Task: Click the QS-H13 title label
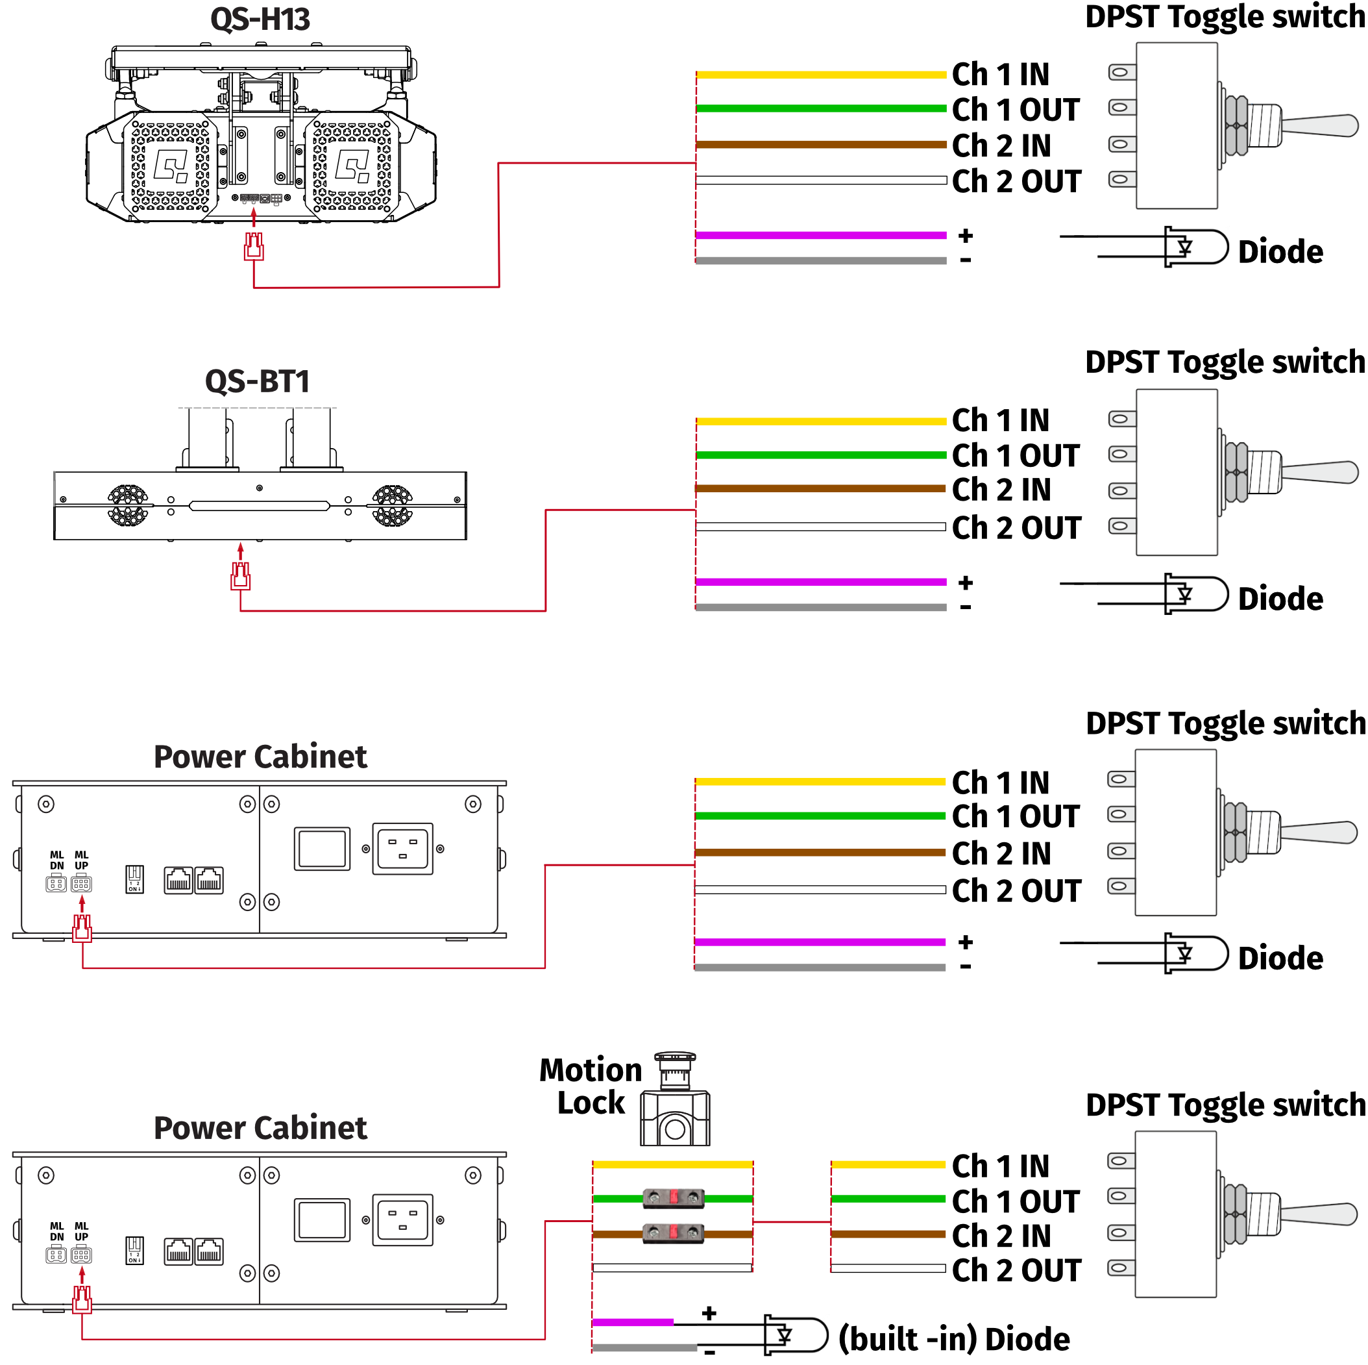(x=260, y=19)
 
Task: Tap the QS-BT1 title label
(x=257, y=381)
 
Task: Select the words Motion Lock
(x=591, y=1086)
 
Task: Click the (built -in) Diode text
(x=953, y=1338)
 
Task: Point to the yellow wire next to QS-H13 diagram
(x=822, y=75)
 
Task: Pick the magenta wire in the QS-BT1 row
(x=822, y=582)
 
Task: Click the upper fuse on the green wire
(x=674, y=1198)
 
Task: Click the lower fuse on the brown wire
(x=674, y=1233)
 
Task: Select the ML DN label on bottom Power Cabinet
(x=56, y=1231)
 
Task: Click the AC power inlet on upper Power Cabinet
(x=402, y=849)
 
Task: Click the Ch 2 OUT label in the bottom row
(x=1016, y=1270)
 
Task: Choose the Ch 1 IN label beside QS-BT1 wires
(x=1000, y=420)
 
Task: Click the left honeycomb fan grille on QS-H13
(x=171, y=166)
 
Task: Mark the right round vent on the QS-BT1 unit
(x=392, y=505)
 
